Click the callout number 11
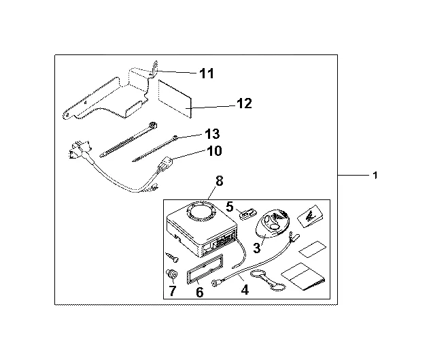[x=207, y=73]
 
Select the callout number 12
[x=243, y=103]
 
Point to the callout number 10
[x=213, y=151]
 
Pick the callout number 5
[x=230, y=205]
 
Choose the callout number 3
[x=257, y=248]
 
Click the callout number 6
[x=199, y=292]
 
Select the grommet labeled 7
[x=172, y=276]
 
